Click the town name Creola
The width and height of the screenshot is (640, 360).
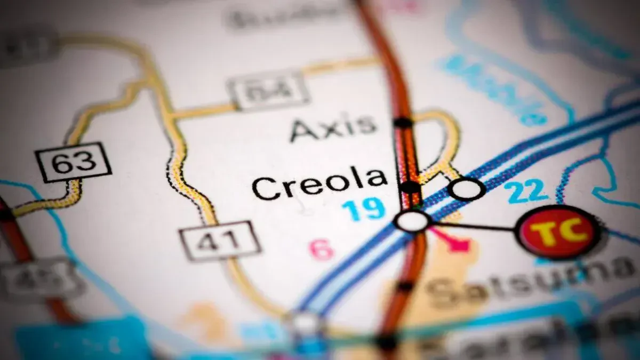[x=319, y=184]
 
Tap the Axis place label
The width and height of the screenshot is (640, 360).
[x=333, y=129]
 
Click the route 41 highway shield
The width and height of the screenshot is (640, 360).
[x=220, y=241]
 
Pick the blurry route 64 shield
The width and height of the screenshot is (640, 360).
[x=268, y=91]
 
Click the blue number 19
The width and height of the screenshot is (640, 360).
[x=363, y=209]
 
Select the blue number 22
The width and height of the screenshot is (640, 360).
[x=527, y=191]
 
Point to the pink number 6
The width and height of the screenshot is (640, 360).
[x=322, y=250]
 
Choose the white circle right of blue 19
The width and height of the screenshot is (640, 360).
[x=412, y=221]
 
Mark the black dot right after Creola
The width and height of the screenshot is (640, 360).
[x=410, y=187]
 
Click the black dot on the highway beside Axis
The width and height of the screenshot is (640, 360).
[x=403, y=122]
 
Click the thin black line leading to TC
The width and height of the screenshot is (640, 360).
[x=475, y=227]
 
